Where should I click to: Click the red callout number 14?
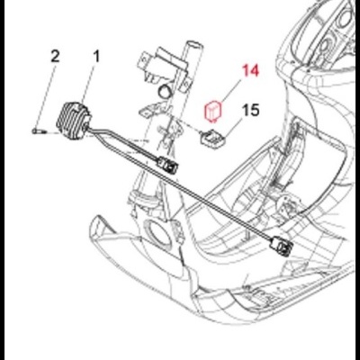[x=250, y=71]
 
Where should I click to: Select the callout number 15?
[x=250, y=111]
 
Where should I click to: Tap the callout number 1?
[x=96, y=57]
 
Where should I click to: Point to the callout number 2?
[x=55, y=57]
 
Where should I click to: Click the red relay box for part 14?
[x=212, y=111]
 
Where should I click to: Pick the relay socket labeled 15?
[x=213, y=138]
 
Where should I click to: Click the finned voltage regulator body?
[x=74, y=119]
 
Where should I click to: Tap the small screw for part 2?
[x=38, y=130]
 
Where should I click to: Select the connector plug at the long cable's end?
[x=281, y=245]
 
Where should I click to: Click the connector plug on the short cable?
[x=167, y=164]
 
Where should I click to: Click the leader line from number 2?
[x=46, y=96]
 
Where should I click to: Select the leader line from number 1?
[x=87, y=84]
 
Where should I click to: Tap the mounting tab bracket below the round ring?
[x=151, y=110]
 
